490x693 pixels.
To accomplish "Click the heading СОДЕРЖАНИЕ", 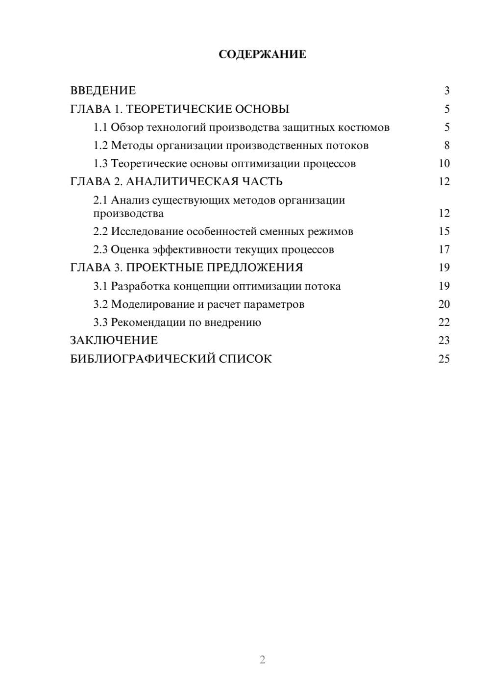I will (262, 54).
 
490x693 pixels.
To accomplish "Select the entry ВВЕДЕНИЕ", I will (103, 91).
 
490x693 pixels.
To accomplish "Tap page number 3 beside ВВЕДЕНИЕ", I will (447, 91).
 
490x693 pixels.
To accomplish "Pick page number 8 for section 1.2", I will (447, 146).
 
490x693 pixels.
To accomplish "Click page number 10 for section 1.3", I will (444, 164).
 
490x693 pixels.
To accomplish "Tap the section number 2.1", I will (100, 200).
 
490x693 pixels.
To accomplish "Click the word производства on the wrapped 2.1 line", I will (128, 214).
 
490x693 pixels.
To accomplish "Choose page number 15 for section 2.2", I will (444, 231).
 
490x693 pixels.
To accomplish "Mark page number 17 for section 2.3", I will (444, 249).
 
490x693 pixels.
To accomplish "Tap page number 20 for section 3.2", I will (444, 304).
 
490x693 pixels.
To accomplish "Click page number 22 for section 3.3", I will (444, 322).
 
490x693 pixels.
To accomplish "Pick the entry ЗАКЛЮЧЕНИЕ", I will (114, 341).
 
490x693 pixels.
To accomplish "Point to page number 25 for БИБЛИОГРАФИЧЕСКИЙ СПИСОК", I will (444, 359).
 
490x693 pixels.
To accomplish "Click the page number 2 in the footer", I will (262, 660).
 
